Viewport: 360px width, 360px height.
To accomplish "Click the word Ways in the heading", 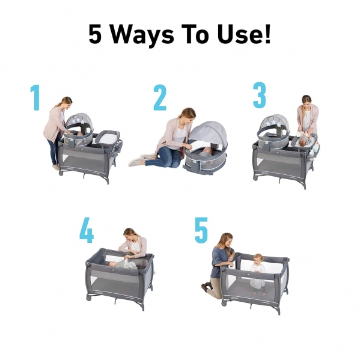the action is (142, 34).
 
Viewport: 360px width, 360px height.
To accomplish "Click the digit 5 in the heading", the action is (95, 34).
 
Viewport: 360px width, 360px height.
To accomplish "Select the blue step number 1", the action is (35, 97).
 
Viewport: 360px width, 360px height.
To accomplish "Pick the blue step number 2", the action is (160, 97).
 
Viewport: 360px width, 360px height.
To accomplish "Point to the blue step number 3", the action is (260, 95).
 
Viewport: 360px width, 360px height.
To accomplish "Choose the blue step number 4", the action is (87, 230).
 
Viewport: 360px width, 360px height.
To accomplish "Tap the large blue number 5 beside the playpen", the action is (201, 230).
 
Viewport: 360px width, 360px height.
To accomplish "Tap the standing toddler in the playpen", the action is (258, 273).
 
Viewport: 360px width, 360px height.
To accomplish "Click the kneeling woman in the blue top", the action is (219, 263).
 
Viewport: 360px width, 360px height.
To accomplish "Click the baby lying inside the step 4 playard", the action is (125, 264).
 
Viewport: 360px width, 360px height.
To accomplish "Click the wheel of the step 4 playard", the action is (88, 298).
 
